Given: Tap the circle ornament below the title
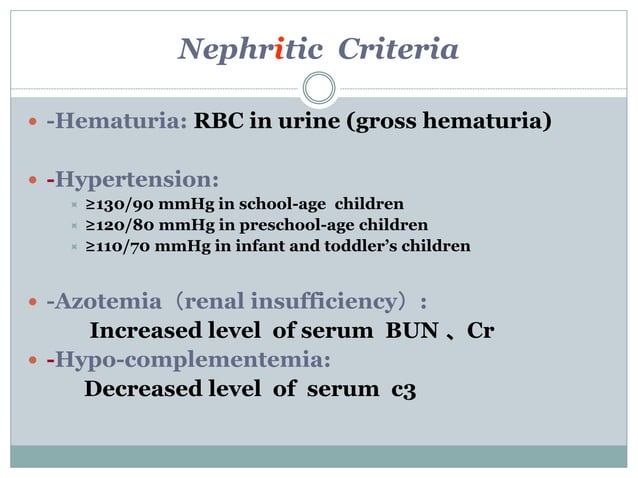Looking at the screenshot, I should (x=318, y=88).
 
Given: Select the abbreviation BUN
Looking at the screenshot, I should (x=412, y=331).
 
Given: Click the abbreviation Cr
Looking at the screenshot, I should (x=480, y=331).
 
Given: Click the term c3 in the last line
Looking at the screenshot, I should (x=402, y=389).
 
